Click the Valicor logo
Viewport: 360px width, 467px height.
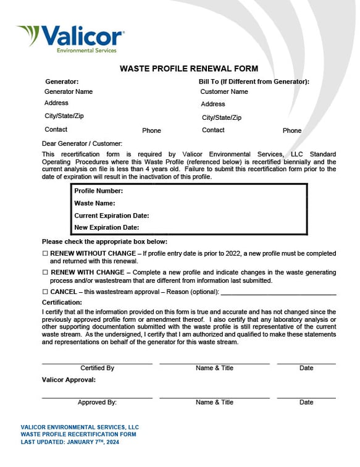(x=70, y=38)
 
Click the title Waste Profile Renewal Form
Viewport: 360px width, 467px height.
(x=188, y=69)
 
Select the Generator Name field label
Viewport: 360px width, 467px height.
(x=68, y=91)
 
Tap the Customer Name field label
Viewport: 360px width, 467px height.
(x=224, y=91)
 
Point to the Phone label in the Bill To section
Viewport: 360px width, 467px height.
(x=292, y=130)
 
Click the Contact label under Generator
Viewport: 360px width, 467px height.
(x=56, y=130)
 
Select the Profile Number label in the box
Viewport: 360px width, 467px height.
(x=98, y=191)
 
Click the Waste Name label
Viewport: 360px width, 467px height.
(x=94, y=203)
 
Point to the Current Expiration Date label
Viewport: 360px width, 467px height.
(x=111, y=216)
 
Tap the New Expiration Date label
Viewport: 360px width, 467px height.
(x=106, y=227)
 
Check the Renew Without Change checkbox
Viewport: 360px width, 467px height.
(x=45, y=254)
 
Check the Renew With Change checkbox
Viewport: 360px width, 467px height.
(x=45, y=272)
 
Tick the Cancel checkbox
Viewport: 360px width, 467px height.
(x=45, y=292)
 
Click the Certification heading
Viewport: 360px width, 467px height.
(x=62, y=303)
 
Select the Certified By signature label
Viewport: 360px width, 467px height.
(x=97, y=368)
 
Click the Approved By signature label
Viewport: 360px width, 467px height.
(x=97, y=402)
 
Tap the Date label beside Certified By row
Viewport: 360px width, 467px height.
(x=306, y=368)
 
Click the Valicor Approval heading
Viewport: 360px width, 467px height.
(x=69, y=380)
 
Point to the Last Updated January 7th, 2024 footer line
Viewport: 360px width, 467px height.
(x=70, y=442)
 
